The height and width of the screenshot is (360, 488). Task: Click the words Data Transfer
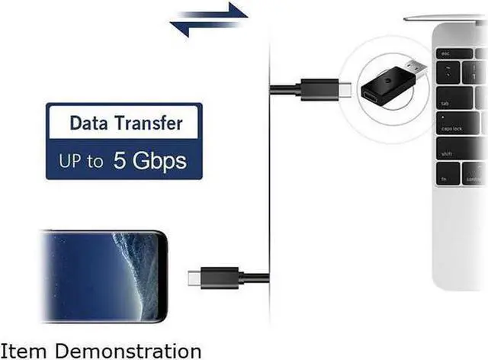pyautogui.click(x=126, y=122)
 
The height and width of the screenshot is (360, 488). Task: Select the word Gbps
pyautogui.click(x=158, y=162)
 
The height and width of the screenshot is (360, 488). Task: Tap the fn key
pyautogui.click(x=447, y=178)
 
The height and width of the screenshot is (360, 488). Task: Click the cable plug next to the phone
pyautogui.click(x=213, y=275)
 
